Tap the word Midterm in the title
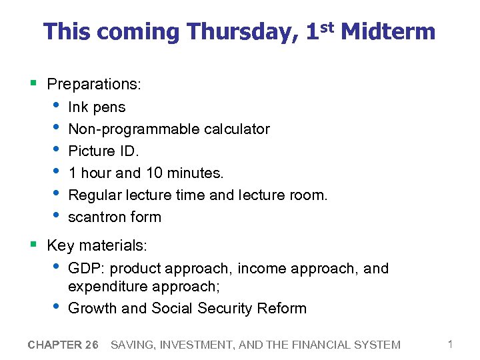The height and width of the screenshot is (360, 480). click(388, 31)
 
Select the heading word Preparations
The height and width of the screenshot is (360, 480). click(93, 85)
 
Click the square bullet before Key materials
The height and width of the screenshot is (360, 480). click(33, 245)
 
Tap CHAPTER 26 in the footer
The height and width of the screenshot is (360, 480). click(63, 345)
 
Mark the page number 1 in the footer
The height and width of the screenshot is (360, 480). click(450, 345)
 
